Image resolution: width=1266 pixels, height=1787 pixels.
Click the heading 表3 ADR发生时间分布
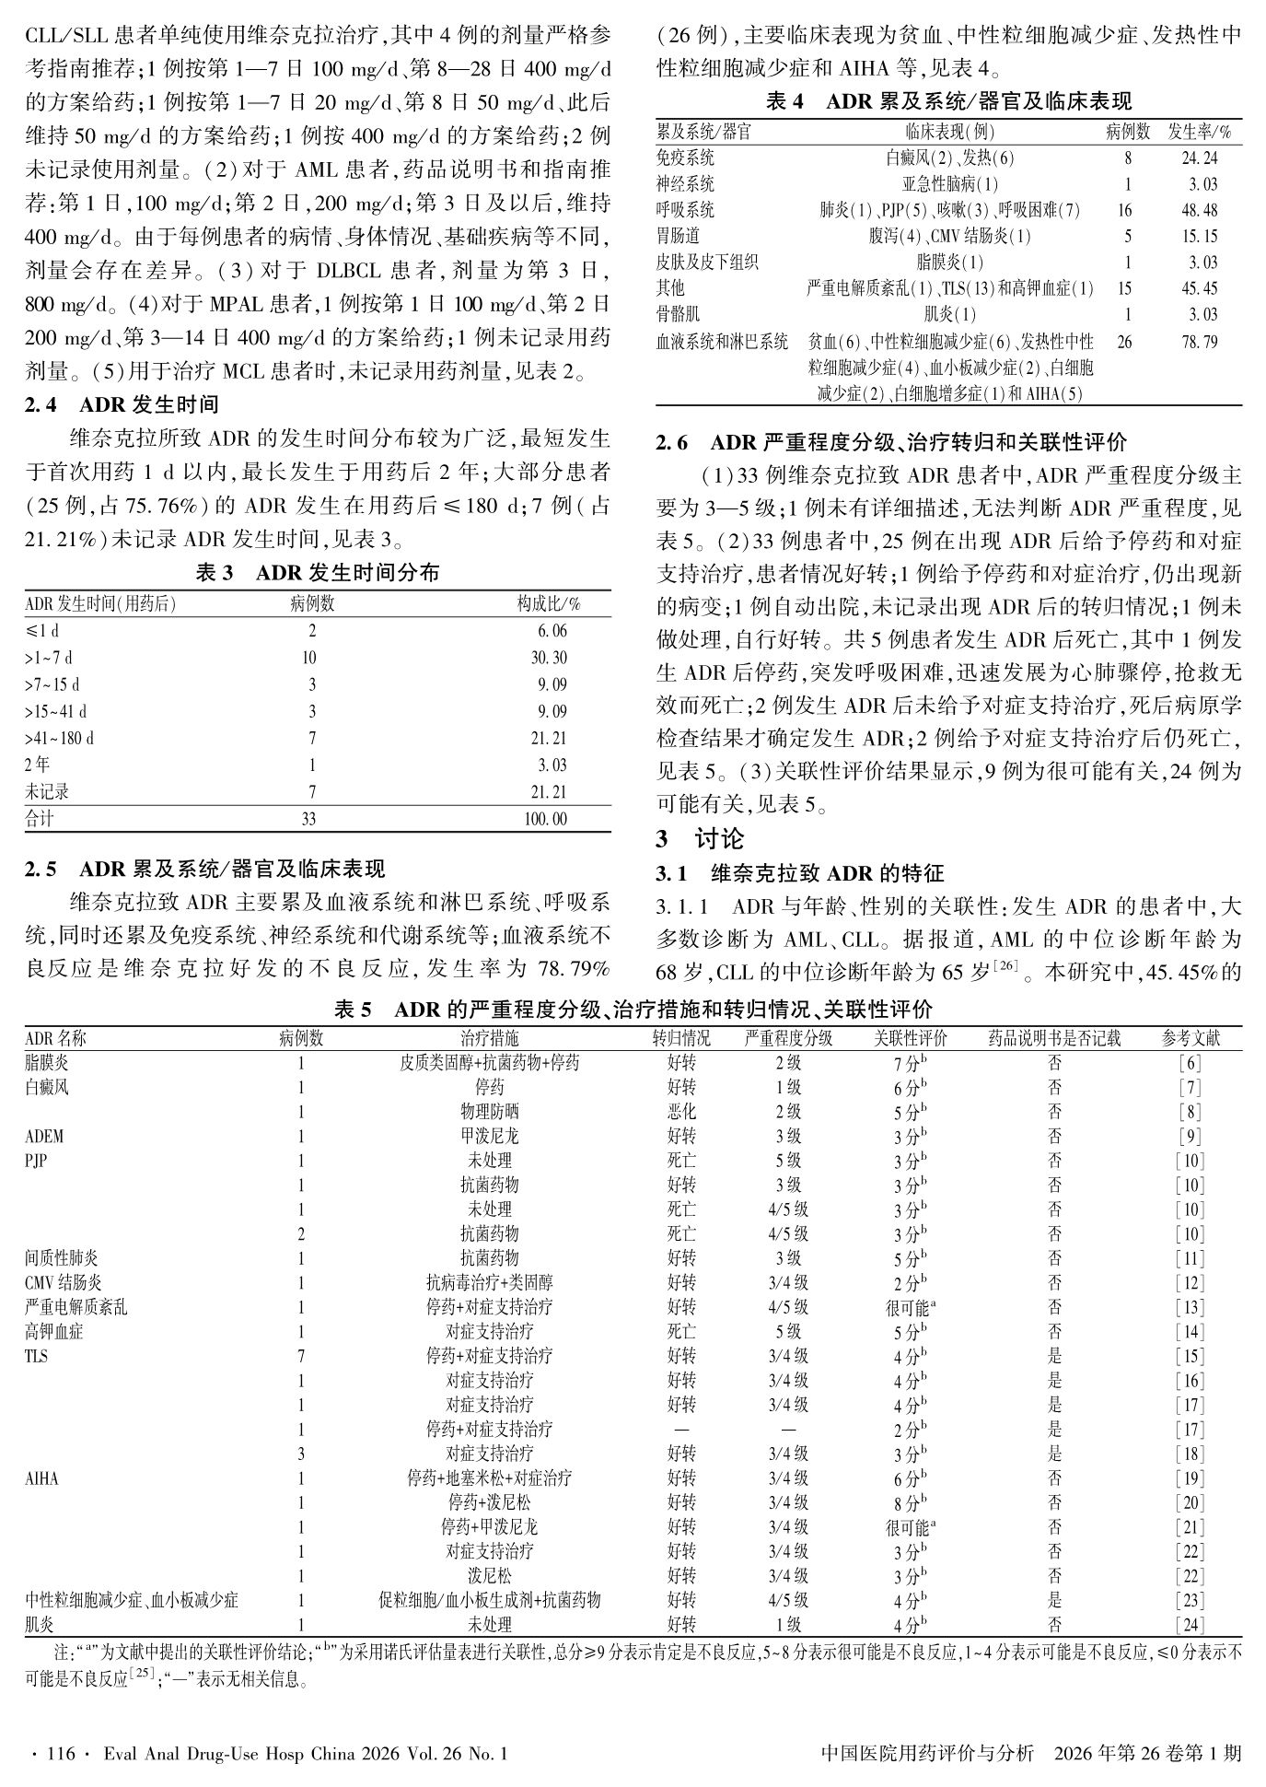318,573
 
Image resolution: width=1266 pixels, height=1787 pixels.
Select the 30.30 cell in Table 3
549,658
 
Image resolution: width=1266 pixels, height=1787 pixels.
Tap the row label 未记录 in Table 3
47,791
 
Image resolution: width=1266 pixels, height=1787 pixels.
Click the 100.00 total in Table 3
546,819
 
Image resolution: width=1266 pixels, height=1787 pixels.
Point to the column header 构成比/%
549,604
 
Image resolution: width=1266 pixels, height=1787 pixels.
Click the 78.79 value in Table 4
1199,342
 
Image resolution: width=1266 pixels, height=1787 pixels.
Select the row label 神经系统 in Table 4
685,184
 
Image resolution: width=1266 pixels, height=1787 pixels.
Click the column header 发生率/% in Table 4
1199,132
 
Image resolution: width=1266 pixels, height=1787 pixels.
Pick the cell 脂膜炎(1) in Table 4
950,263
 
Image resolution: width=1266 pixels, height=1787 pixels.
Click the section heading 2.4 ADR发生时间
122,404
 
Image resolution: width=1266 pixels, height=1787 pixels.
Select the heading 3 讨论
700,838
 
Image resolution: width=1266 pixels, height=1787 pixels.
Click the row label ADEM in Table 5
44,1136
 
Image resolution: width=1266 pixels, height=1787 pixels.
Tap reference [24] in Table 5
1190,1625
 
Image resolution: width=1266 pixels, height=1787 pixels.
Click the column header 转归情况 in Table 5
681,1038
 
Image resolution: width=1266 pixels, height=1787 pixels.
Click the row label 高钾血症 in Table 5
53,1331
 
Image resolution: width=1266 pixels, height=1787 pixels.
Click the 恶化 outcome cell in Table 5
681,1112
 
